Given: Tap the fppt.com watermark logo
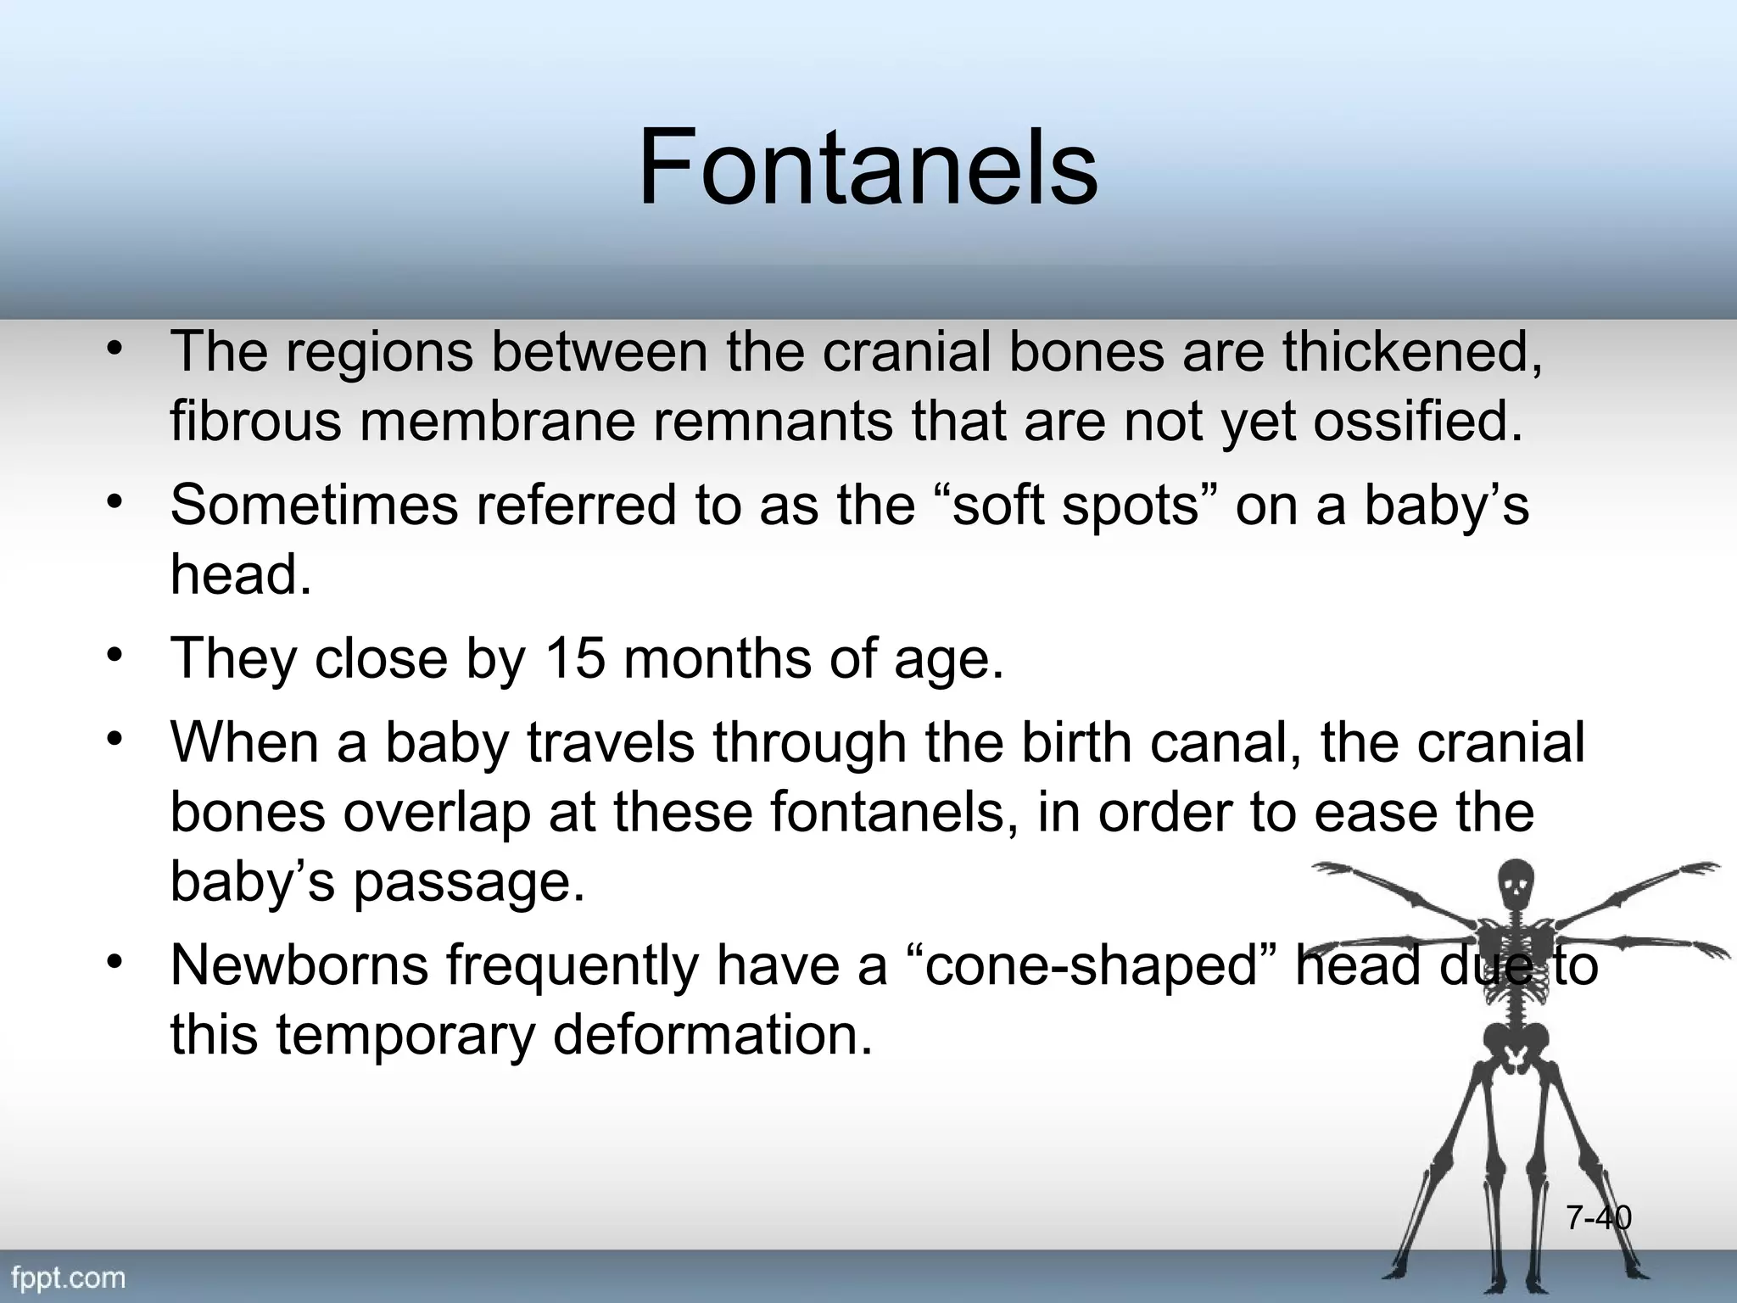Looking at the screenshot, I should coord(68,1277).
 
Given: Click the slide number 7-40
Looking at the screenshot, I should coord(1598,1217).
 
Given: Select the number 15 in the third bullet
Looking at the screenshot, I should coord(574,657).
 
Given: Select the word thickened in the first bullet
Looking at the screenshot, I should coord(1411,351).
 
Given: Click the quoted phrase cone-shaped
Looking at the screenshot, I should coord(1092,965).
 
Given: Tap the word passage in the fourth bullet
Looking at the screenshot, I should coord(468,881).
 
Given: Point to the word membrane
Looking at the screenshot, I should coord(497,421).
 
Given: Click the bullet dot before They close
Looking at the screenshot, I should coord(116,655).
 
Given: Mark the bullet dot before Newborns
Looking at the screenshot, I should coord(116,962).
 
